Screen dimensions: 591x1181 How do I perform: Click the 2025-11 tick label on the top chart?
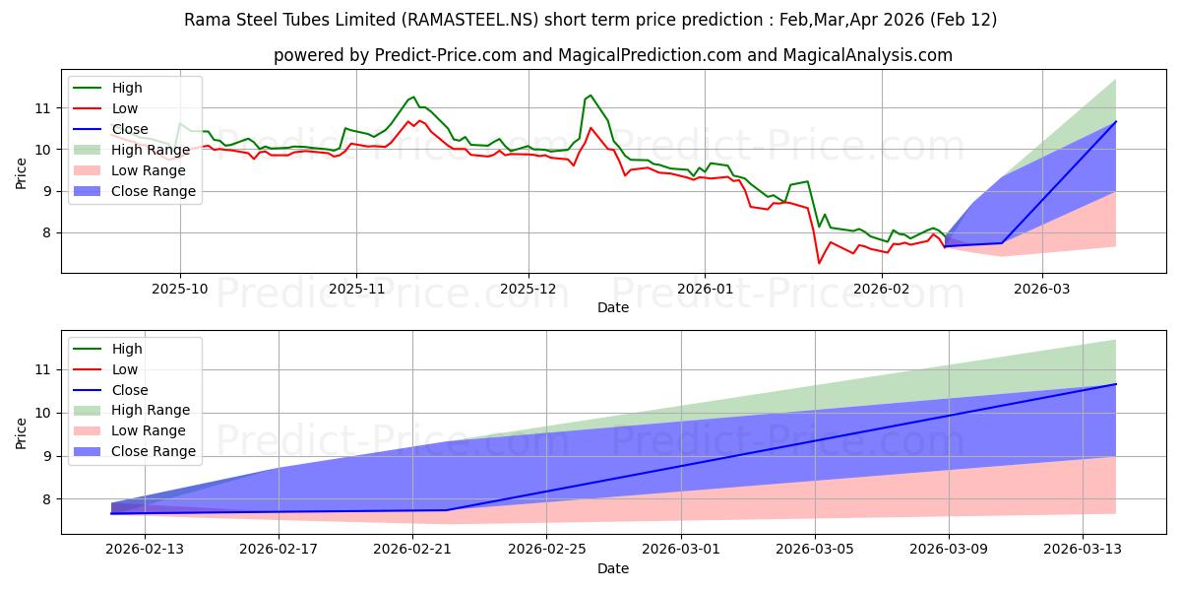[x=355, y=289]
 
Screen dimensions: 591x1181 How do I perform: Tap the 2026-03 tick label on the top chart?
[x=1041, y=289]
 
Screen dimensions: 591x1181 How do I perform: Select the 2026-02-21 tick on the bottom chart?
[x=411, y=551]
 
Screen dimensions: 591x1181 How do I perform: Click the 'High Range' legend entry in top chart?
[x=151, y=150]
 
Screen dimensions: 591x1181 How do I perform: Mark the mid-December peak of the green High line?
[x=590, y=96]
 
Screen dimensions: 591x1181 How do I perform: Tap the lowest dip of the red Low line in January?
[x=819, y=263]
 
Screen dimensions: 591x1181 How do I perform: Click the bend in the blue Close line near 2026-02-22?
[x=446, y=509]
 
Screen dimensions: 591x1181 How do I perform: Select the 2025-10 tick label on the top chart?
[x=179, y=289]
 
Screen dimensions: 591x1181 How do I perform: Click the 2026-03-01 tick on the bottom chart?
[x=680, y=551]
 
